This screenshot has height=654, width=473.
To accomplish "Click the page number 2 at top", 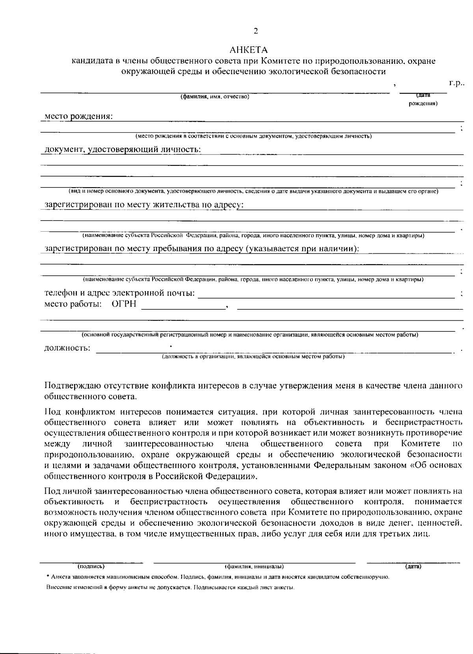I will point(256,31).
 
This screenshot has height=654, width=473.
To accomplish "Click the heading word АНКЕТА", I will point(249,50).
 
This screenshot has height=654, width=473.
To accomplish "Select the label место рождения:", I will point(78,117).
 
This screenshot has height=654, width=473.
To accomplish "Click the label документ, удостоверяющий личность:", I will point(123,150).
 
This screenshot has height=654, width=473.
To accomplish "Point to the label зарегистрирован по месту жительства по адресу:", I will point(144,205).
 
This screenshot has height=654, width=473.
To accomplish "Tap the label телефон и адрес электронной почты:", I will point(119,294).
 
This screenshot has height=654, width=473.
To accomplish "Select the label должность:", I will point(67,348).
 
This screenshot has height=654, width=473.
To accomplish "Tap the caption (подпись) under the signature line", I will point(91,567).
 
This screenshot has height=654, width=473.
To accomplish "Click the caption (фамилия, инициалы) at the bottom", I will point(254,567).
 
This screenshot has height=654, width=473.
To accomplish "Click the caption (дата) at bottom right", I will point(413,567).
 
